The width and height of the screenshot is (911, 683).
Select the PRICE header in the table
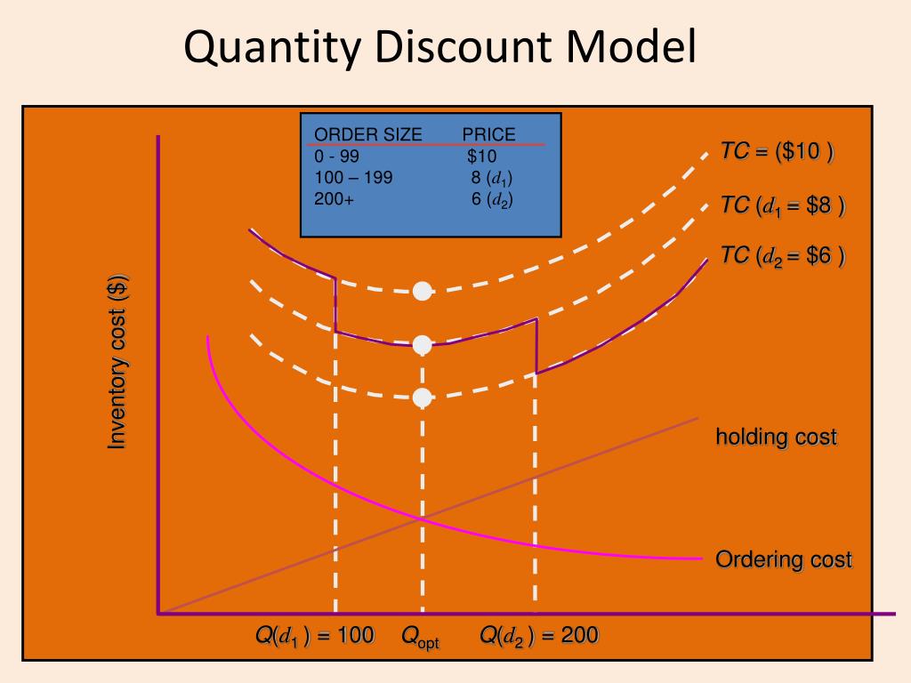(488, 135)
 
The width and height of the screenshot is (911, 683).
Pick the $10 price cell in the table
(481, 157)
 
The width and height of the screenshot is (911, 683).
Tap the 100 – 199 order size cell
(353, 177)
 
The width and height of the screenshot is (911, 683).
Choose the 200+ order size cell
(334, 198)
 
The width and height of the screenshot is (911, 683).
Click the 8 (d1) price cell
(491, 178)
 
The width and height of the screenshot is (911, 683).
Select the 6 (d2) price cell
(491, 199)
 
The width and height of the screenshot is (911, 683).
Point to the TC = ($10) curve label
(778, 151)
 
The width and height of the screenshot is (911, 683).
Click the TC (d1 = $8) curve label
(783, 206)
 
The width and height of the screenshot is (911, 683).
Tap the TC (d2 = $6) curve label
(783, 256)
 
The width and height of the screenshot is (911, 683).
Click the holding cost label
(777, 437)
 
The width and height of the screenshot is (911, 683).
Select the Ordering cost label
(784, 560)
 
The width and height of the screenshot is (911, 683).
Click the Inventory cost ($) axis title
(118, 362)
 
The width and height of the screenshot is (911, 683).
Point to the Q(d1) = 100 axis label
(315, 635)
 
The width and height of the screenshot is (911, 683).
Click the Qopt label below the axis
(420, 637)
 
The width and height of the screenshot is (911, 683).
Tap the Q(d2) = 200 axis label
(539, 635)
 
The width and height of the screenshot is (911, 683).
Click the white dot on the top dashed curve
(423, 291)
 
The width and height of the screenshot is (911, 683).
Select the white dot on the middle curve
(423, 345)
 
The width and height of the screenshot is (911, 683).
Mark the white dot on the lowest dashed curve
(423, 398)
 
